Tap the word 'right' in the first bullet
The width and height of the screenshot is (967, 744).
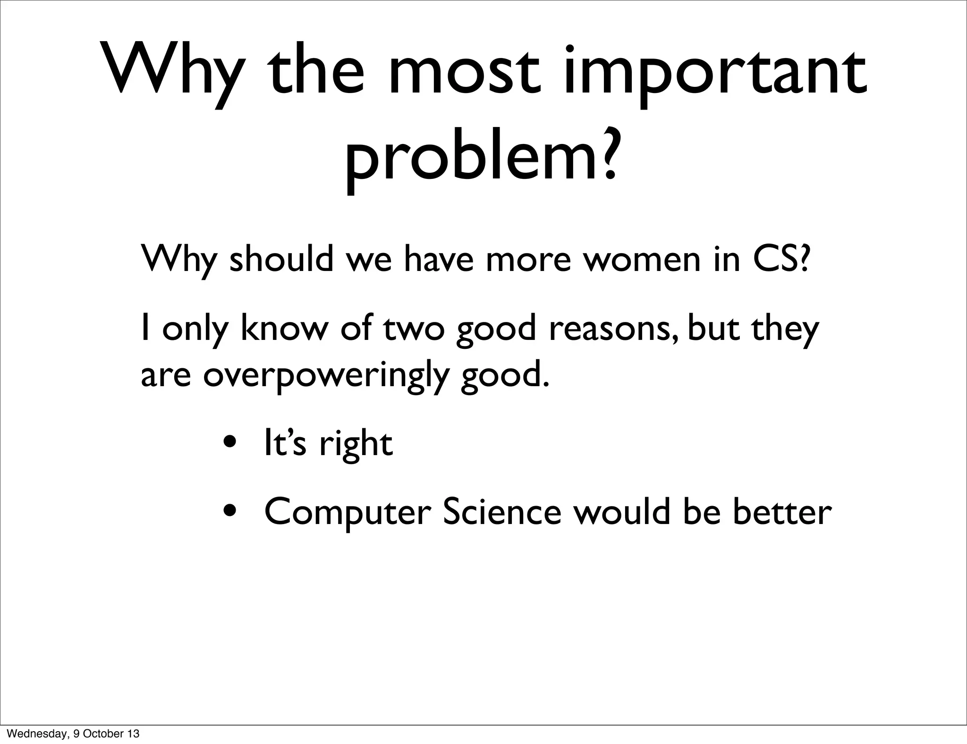click(356, 444)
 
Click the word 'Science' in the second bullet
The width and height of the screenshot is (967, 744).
click(501, 513)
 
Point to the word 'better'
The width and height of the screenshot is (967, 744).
click(781, 513)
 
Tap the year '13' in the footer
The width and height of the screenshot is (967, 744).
click(134, 734)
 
